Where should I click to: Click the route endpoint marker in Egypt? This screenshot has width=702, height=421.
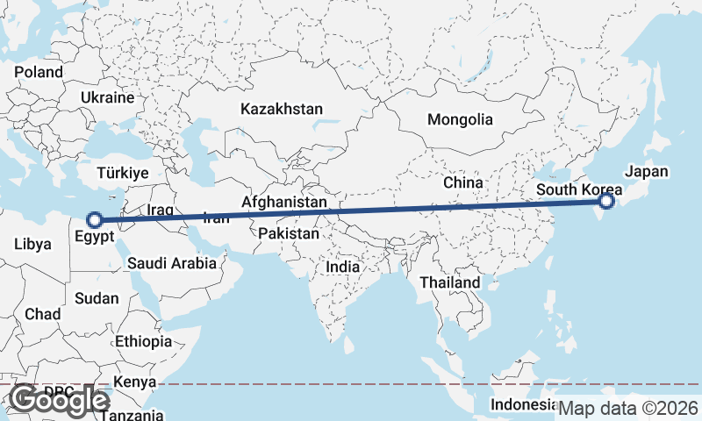coord(94,220)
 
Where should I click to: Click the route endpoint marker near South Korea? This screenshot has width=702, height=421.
coord(606,203)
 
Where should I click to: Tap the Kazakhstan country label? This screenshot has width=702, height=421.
coord(282,110)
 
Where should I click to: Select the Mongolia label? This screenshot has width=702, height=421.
coord(460,119)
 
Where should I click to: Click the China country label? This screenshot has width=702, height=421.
coord(463,182)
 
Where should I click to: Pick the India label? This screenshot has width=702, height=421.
coord(342,267)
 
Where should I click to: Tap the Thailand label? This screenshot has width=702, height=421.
coord(450,282)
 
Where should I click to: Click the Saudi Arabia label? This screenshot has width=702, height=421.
coord(171,263)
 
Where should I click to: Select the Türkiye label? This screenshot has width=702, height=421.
coord(123,173)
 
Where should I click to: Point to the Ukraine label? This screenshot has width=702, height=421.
coord(107,97)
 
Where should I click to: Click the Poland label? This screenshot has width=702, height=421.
coord(39,72)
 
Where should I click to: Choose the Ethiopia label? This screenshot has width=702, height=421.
coord(143,341)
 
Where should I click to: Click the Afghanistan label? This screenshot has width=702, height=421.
coord(284,203)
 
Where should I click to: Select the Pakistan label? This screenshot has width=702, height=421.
coord(289,234)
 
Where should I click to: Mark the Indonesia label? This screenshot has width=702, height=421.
coord(523,404)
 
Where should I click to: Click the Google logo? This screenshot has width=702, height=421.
coord(59,400)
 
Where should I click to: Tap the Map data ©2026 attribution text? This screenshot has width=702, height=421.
coord(628,408)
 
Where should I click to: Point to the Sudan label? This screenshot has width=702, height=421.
coord(97,298)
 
